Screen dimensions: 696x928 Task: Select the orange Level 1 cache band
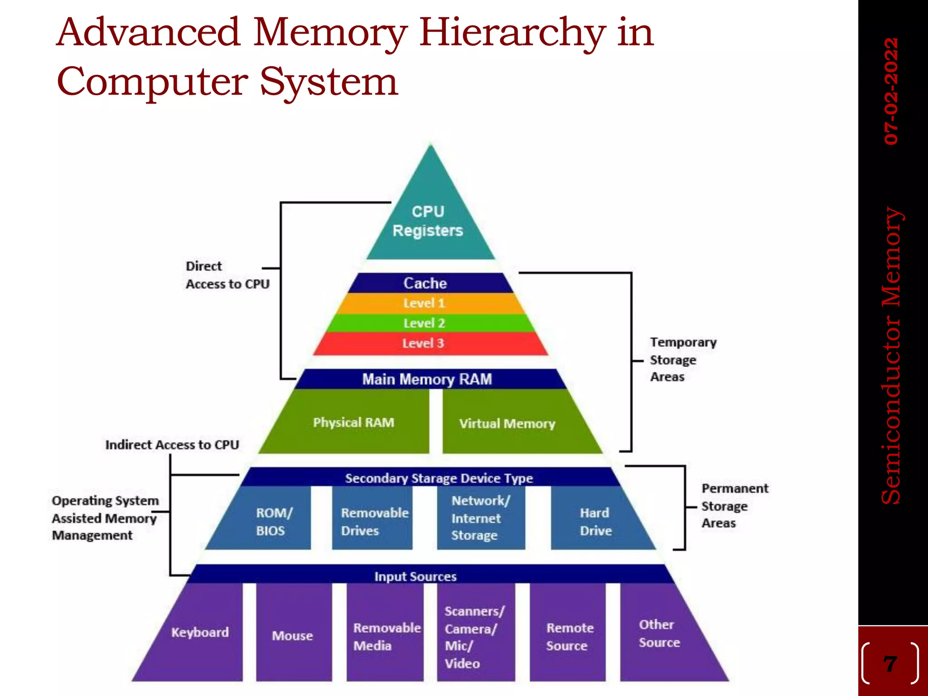click(x=425, y=303)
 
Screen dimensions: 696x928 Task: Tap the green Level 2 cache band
click(x=425, y=323)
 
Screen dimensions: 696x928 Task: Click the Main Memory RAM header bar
click(x=427, y=379)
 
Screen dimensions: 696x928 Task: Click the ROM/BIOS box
click(x=272, y=521)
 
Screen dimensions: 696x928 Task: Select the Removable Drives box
click(x=373, y=521)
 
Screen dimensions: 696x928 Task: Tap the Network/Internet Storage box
click(x=480, y=518)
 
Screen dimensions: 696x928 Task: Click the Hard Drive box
click(x=596, y=521)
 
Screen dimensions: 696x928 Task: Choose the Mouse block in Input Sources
click(x=293, y=635)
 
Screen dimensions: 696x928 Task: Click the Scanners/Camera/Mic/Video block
click(x=475, y=637)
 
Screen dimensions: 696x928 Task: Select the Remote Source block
click(x=569, y=636)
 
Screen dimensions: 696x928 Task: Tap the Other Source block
click(x=659, y=633)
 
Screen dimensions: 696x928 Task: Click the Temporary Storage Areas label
click(x=682, y=360)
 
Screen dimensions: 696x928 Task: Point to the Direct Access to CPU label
click(x=227, y=275)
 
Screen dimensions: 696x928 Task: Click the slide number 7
click(x=890, y=664)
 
